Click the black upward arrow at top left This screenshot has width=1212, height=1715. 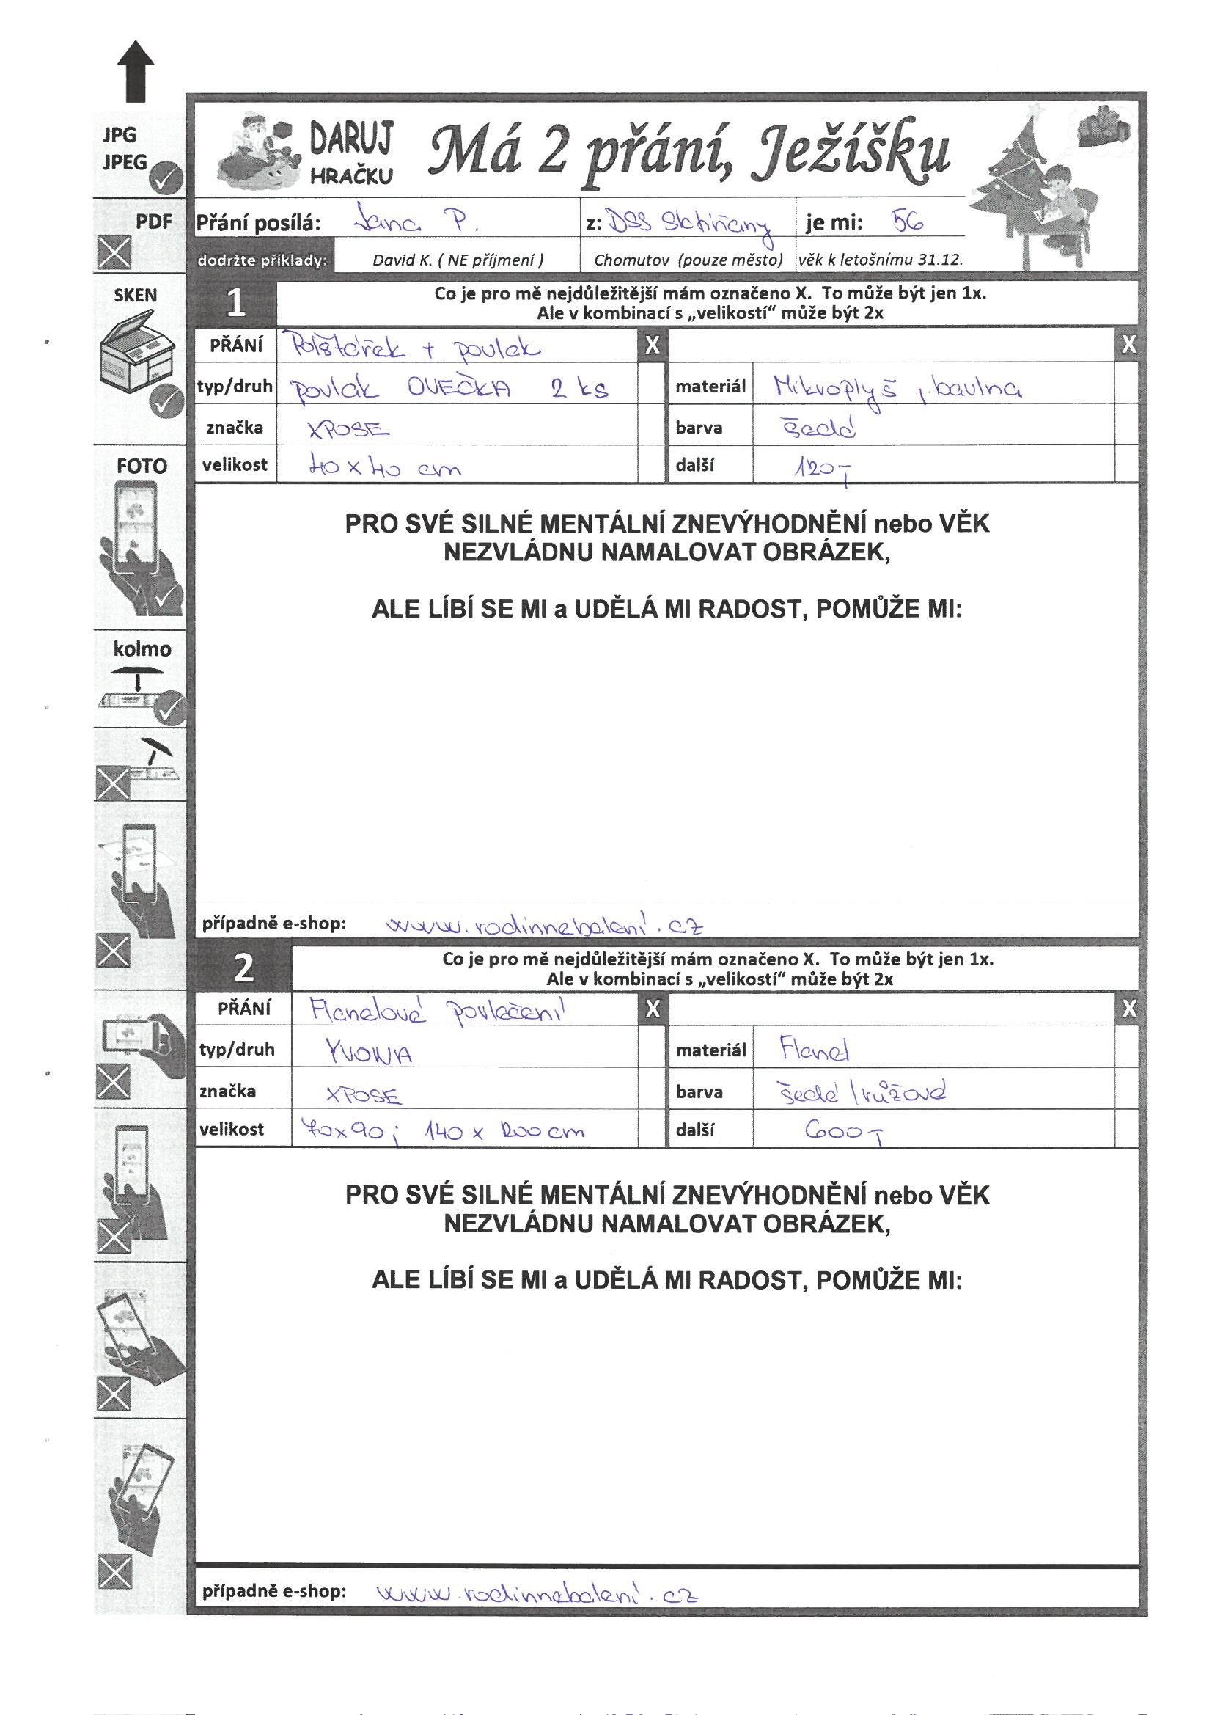coord(136,71)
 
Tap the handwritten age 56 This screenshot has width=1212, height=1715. coord(907,220)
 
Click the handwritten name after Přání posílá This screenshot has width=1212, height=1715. coord(416,219)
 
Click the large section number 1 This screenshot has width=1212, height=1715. coord(235,303)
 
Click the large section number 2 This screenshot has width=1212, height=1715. coord(243,968)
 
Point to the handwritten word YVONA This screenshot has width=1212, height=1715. coord(369,1053)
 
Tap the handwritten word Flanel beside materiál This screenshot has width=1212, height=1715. coord(815,1050)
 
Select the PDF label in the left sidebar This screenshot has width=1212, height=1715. coord(154,222)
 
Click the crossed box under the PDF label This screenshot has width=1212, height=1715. coord(114,252)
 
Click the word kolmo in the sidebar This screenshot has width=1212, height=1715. coord(142,649)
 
